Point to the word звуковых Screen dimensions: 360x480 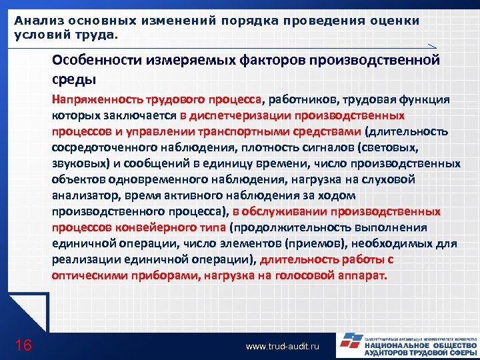(75, 164)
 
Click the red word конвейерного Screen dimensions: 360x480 (139, 228)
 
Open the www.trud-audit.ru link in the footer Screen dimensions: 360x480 (283, 347)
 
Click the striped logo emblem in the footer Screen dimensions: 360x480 (349, 345)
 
